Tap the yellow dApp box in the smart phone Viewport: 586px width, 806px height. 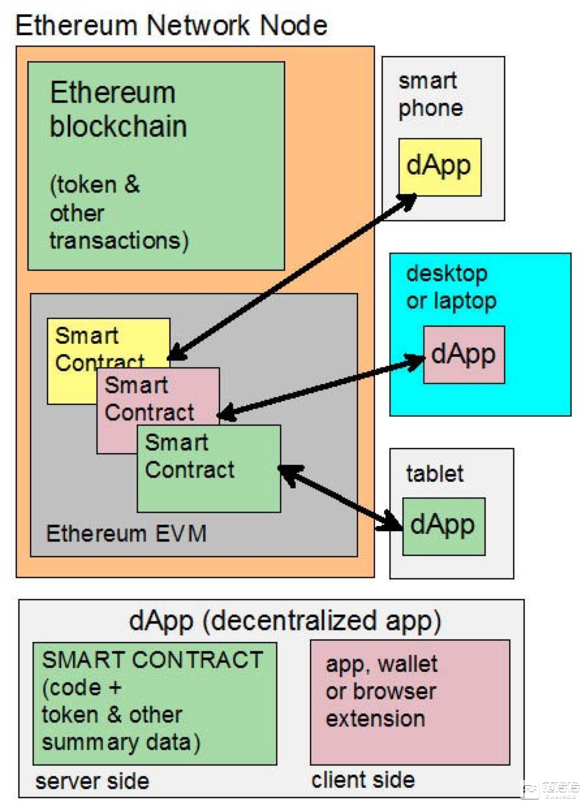pyautogui.click(x=439, y=166)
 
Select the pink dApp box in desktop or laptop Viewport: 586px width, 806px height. pyautogui.click(x=464, y=354)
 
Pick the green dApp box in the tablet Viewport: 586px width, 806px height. pyautogui.click(x=443, y=525)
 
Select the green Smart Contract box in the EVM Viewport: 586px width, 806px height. pyautogui.click(x=208, y=469)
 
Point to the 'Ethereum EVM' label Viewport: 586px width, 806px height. pyautogui.click(x=126, y=534)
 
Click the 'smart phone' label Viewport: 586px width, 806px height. pyautogui.click(x=430, y=94)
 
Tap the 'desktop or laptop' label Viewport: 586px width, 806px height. pyautogui.click(x=451, y=287)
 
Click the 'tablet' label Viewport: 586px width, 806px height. pyautogui.click(x=434, y=473)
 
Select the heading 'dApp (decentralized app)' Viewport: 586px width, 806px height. pyautogui.click(x=285, y=621)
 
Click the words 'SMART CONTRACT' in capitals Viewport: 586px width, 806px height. pyautogui.click(x=152, y=660)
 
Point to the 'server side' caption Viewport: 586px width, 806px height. pyautogui.click(x=92, y=781)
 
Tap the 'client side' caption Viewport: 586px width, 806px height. pyautogui.click(x=363, y=779)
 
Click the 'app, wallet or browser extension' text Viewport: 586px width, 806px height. pyautogui.click(x=381, y=691)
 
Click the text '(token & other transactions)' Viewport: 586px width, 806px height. pyautogui.click(x=119, y=213)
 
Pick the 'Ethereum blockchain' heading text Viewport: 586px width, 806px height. pyautogui.click(x=118, y=109)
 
